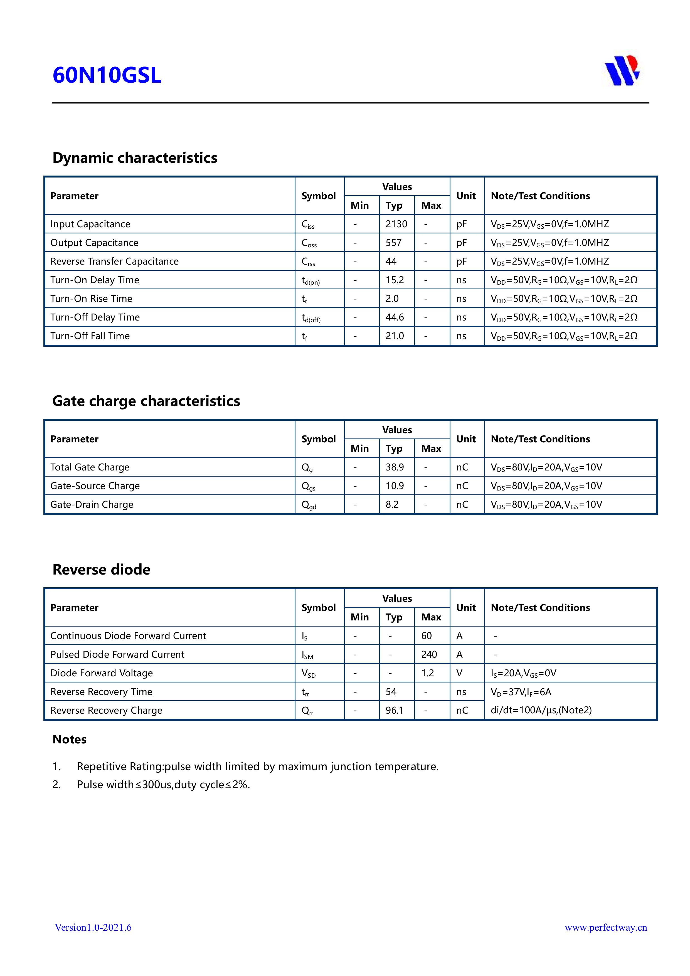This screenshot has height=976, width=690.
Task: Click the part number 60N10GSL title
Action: coord(107,75)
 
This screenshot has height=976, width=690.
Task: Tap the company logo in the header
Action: coord(622,71)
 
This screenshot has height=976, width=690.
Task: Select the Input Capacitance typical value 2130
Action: coord(396,224)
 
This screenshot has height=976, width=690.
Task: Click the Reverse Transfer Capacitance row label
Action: coord(114,262)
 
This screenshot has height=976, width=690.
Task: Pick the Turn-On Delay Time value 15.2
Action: coord(395,280)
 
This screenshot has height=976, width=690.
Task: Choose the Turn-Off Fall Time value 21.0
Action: coord(395,336)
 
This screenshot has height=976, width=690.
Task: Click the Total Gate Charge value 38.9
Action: coord(395,467)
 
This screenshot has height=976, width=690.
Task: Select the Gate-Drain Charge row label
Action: coord(92,505)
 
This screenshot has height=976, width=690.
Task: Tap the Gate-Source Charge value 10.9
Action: coord(395,486)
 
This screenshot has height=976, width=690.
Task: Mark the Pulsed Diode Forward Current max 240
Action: coord(429,654)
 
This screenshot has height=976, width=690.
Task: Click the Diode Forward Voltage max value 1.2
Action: coord(427,673)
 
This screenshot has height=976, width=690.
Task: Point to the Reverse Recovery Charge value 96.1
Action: coord(395,710)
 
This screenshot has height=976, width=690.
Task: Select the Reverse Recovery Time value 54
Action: coord(391,692)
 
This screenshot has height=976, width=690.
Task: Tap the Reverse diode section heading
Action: coord(101,570)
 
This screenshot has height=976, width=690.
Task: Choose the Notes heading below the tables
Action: coord(69,739)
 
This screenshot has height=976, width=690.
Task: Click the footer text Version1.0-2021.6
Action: coord(93,927)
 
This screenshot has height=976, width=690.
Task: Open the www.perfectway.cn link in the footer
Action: coord(605,927)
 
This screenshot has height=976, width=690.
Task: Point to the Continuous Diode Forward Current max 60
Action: coord(427,635)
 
